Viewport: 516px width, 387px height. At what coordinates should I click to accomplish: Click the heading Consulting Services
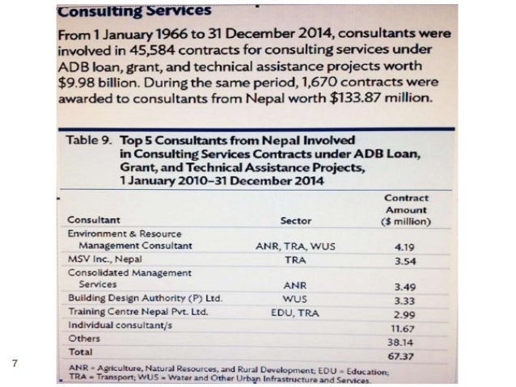point(134,12)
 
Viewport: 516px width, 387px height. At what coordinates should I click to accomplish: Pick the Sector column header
point(295,220)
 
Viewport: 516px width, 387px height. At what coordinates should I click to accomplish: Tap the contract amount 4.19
point(404,246)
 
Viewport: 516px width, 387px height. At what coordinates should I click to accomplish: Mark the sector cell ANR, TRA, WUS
point(294,246)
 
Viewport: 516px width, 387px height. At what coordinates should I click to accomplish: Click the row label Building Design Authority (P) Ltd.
point(145,297)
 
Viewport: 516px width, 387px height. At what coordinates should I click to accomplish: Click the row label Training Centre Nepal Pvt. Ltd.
point(139,311)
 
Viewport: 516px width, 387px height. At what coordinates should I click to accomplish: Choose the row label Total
point(79,351)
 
